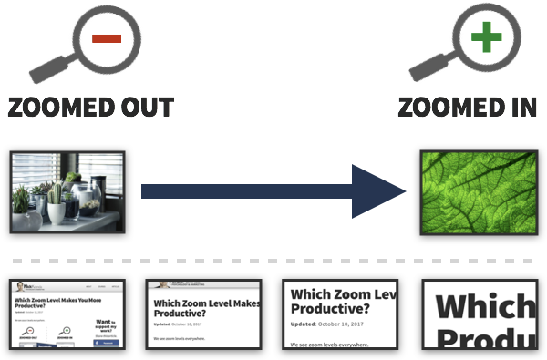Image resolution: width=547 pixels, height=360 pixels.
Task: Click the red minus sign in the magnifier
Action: [x=106, y=37]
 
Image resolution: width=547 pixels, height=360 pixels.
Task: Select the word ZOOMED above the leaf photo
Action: [x=450, y=106]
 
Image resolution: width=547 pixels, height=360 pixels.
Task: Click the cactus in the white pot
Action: [x=57, y=205]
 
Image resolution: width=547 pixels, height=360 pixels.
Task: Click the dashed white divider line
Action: [x=273, y=262]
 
